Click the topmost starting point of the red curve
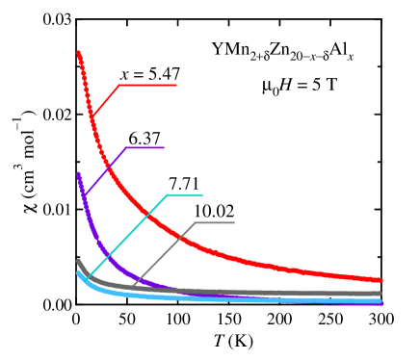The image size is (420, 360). [78, 53]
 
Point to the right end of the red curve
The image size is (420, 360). [381, 280]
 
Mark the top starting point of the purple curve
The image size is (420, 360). [78, 174]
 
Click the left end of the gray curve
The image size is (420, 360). [78, 261]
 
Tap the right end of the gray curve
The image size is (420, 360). [380, 294]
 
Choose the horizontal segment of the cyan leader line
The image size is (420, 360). [184, 194]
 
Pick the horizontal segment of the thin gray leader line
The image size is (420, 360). [214, 222]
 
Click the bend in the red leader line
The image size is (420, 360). [118, 85]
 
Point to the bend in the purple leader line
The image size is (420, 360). [126, 147]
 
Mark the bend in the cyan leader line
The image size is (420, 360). [167, 194]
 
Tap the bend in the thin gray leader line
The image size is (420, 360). [196, 222]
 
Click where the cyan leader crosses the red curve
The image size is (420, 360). [144, 218]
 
